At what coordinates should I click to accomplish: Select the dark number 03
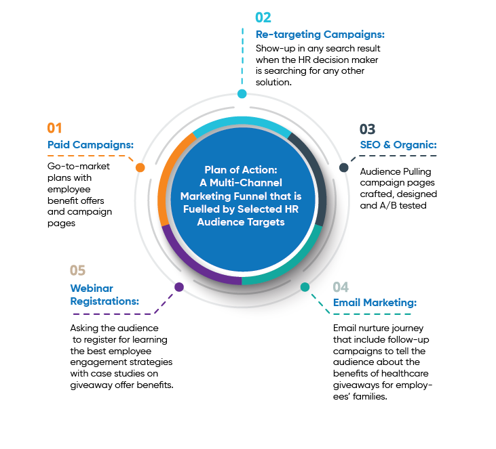[368, 129]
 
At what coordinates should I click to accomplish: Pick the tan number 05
[78, 271]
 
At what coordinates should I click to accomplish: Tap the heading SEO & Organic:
[398, 145]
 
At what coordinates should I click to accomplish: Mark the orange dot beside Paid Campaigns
[140, 167]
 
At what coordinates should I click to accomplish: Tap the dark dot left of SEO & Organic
[344, 167]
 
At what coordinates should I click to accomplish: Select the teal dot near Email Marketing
[305, 287]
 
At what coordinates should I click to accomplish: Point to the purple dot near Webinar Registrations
[179, 287]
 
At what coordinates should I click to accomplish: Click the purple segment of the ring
[193, 261]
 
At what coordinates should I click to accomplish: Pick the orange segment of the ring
[171, 176]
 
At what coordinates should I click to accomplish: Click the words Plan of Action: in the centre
[242, 170]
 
